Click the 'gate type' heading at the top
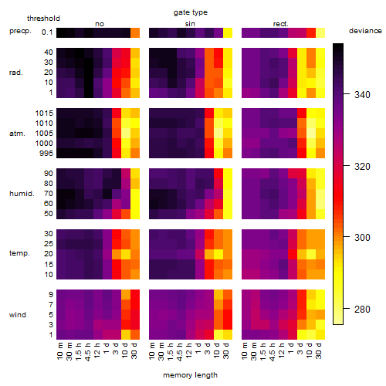pos(191,12)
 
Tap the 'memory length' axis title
pos(190,375)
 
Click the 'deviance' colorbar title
pos(365,31)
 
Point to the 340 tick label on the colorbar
pos(362,95)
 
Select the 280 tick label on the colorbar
pos(362,309)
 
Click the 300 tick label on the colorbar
pos(362,237)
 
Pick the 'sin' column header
pos(190,24)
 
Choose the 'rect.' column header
pos(281,24)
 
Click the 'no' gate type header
pos(100,24)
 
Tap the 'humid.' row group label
pos(22,194)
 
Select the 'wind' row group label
pos(18,315)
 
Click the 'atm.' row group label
pos(17,134)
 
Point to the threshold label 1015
pos(44,113)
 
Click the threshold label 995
pos(46,154)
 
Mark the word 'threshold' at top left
pos(43,19)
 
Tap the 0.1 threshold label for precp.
pos(47,32)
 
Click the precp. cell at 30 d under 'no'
pos(135,32)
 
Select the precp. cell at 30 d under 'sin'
pos(228,32)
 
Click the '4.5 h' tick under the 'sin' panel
pos(180,352)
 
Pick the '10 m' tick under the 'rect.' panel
pos(245,350)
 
